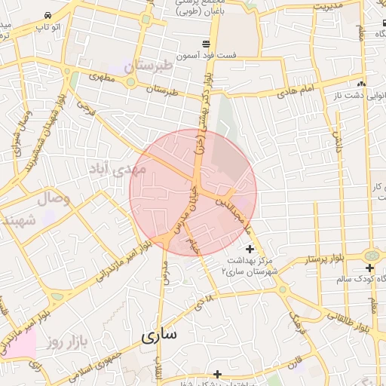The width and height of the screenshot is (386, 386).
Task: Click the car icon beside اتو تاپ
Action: (x=48, y=16)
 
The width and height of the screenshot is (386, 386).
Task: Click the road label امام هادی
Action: (x=294, y=92)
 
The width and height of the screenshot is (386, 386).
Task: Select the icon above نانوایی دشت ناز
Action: (x=363, y=84)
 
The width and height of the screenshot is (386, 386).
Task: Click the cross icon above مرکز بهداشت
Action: (x=250, y=248)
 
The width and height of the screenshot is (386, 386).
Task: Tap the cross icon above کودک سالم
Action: (x=369, y=268)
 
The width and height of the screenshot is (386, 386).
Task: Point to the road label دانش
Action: (x=337, y=139)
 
